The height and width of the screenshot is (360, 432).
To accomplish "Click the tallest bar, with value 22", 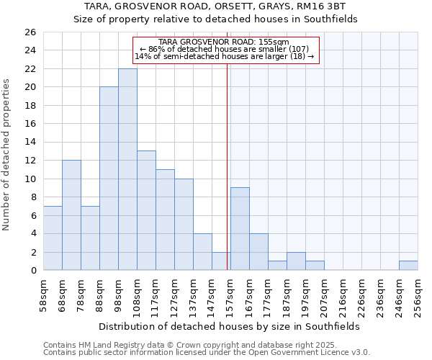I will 127,169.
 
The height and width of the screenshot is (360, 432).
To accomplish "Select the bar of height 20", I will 109,179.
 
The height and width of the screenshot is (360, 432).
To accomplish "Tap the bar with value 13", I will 146,210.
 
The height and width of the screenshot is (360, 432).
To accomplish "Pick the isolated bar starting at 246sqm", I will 408,265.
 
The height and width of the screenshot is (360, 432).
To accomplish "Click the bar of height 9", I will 240,229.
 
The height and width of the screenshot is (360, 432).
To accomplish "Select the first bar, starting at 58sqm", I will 53,238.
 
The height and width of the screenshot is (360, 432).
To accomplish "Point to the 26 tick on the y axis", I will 30,32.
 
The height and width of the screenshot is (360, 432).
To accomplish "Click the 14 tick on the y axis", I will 30,142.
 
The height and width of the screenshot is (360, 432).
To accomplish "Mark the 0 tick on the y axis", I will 33,270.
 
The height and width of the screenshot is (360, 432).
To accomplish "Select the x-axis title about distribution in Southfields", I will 229,326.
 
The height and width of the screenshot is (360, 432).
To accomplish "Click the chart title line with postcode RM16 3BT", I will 216,6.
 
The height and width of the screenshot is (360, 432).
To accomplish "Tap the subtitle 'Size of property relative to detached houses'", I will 216,19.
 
